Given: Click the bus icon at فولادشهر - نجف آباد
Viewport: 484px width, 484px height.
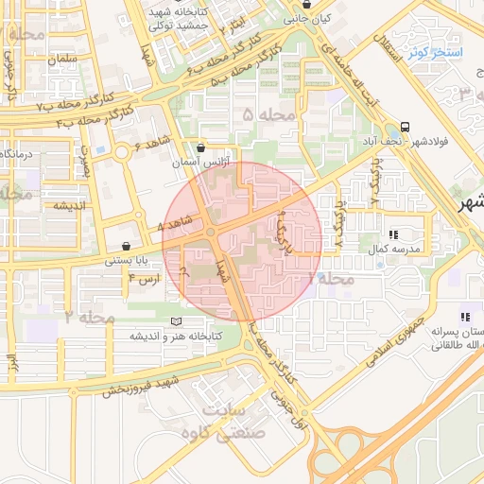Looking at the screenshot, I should (406, 127).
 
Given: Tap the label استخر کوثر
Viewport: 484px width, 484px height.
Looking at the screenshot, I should (435, 54).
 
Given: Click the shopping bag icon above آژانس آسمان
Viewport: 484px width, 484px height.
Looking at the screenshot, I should (200, 147).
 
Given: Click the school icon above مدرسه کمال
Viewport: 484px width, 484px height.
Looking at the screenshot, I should (393, 233).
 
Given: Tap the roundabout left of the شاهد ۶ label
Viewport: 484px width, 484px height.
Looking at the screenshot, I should (121, 151).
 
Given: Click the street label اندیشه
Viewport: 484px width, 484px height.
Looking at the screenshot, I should (43, 205).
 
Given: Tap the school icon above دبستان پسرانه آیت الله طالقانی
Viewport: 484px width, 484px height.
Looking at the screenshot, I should (463, 318).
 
